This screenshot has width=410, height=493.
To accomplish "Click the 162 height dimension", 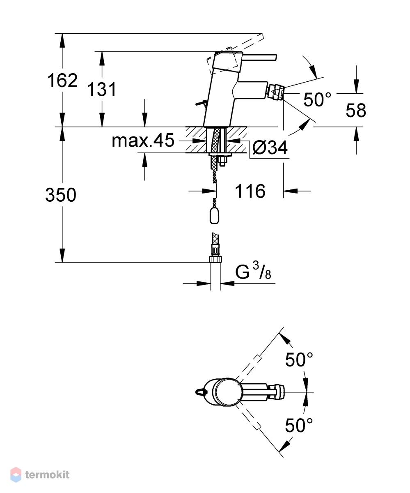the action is (x=62, y=81).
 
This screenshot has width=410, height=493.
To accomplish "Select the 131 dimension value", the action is (x=102, y=90).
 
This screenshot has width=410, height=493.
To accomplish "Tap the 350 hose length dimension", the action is (x=61, y=195).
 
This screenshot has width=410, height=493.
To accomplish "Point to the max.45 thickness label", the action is (x=143, y=141).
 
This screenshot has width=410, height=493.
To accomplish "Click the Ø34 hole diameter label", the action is (x=270, y=147).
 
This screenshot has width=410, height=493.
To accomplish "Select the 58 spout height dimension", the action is (x=356, y=110).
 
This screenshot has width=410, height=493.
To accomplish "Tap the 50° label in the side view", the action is (x=317, y=99).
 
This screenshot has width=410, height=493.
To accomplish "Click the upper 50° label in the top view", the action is (x=299, y=360).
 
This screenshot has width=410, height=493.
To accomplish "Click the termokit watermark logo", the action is (x=40, y=475).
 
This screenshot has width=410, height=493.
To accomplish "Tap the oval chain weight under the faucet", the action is (x=214, y=216).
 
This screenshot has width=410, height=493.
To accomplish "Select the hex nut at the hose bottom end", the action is (x=215, y=259).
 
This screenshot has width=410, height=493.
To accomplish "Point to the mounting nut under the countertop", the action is (x=223, y=162).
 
